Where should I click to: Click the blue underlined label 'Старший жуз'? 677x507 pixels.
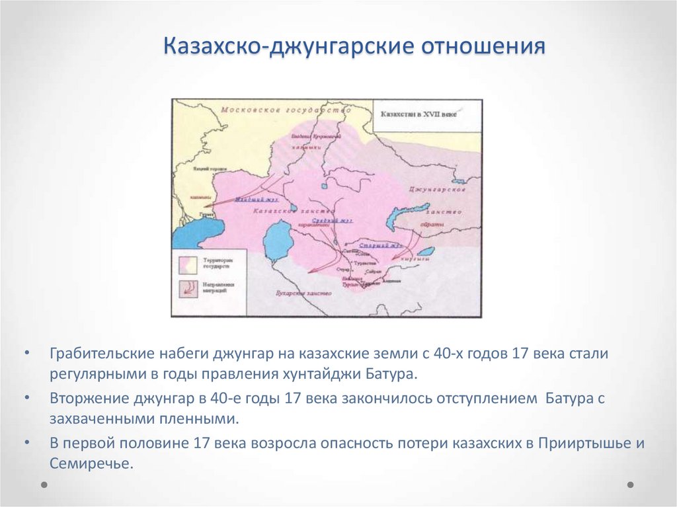tap(377, 245)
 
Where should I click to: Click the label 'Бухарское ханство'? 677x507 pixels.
tap(301, 292)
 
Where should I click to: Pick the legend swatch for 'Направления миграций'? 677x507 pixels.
tap(186, 288)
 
